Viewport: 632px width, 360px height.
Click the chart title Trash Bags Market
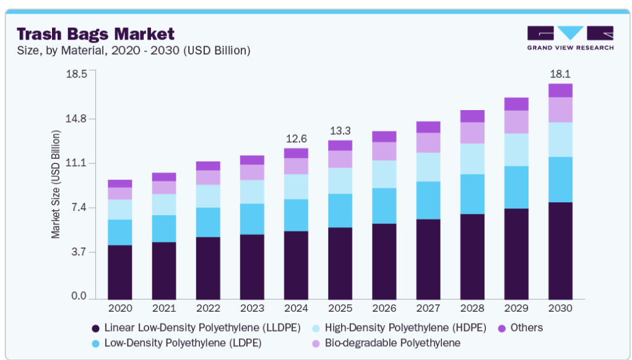(x=95, y=34)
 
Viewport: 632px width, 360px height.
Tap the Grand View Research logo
(x=570, y=38)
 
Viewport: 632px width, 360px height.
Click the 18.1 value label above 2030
(x=560, y=74)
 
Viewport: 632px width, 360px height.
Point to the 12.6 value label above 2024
(x=297, y=139)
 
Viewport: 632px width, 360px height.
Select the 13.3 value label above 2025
(x=340, y=131)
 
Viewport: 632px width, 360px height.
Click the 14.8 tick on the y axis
(x=77, y=119)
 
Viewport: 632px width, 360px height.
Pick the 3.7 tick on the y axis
(x=79, y=252)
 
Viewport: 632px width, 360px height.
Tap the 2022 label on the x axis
(x=209, y=309)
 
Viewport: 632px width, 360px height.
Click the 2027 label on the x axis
(x=428, y=309)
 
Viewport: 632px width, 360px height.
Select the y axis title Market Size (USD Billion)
(x=56, y=184)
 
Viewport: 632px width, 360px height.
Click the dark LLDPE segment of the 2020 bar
(x=120, y=272)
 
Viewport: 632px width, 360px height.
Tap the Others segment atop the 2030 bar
(x=560, y=90)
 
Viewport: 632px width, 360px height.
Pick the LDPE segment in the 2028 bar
(x=472, y=194)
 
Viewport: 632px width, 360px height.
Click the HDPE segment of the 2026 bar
(x=384, y=174)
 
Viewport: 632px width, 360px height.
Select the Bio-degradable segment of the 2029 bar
(x=516, y=122)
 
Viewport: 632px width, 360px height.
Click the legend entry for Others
(x=521, y=328)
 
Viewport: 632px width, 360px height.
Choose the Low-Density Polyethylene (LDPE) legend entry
(x=176, y=343)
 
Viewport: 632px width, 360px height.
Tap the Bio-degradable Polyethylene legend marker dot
(x=316, y=343)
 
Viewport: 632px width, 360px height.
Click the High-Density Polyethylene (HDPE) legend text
(x=405, y=328)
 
